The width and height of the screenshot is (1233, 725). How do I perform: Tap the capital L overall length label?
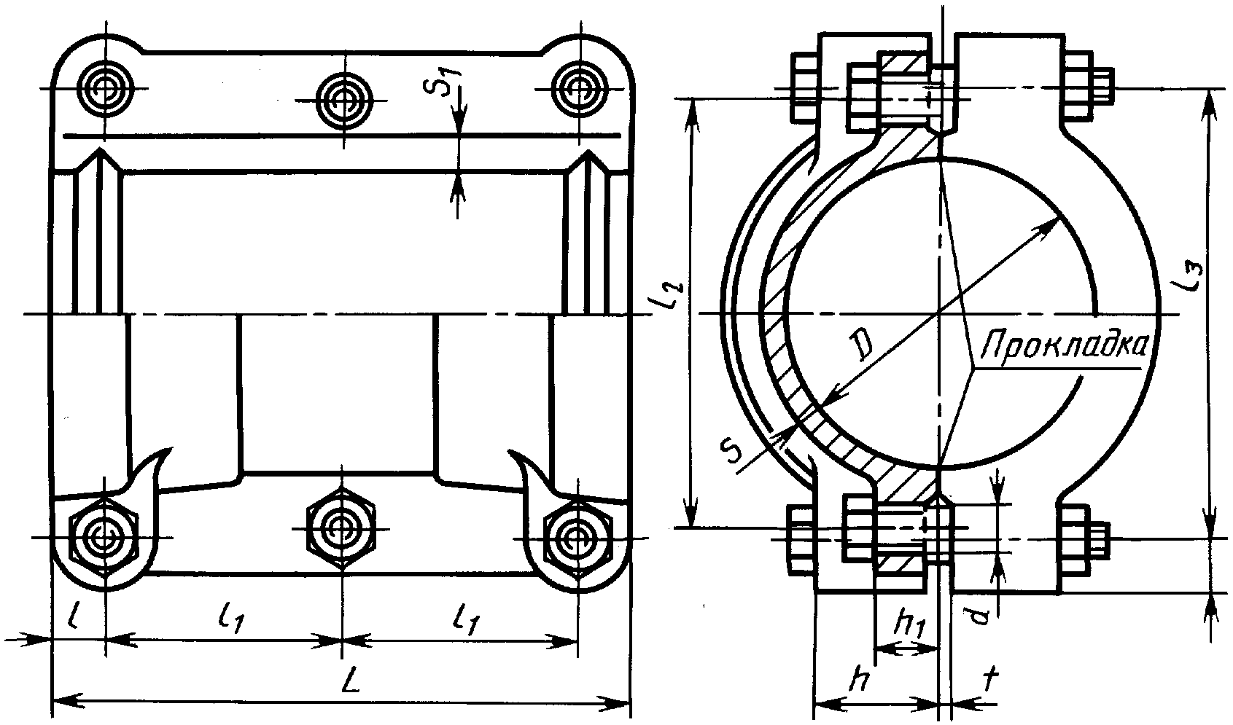pyautogui.click(x=350, y=682)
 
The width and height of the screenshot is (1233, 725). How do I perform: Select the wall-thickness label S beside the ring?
pyautogui.click(x=732, y=450)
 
